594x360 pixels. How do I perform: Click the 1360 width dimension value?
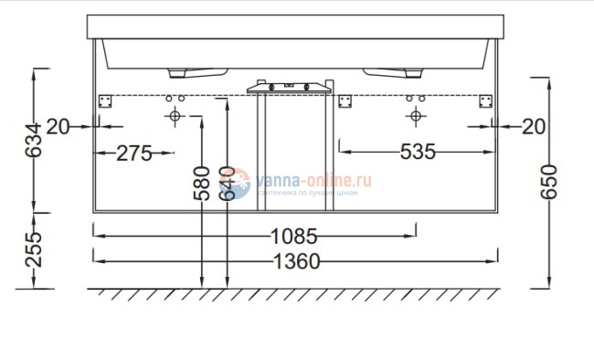296,263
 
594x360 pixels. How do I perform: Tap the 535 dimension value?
418,152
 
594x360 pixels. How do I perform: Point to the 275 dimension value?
134,153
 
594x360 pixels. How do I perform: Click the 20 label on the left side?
58,127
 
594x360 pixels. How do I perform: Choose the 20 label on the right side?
533,127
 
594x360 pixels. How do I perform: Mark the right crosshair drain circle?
416,116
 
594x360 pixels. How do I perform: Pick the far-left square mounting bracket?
103,101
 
